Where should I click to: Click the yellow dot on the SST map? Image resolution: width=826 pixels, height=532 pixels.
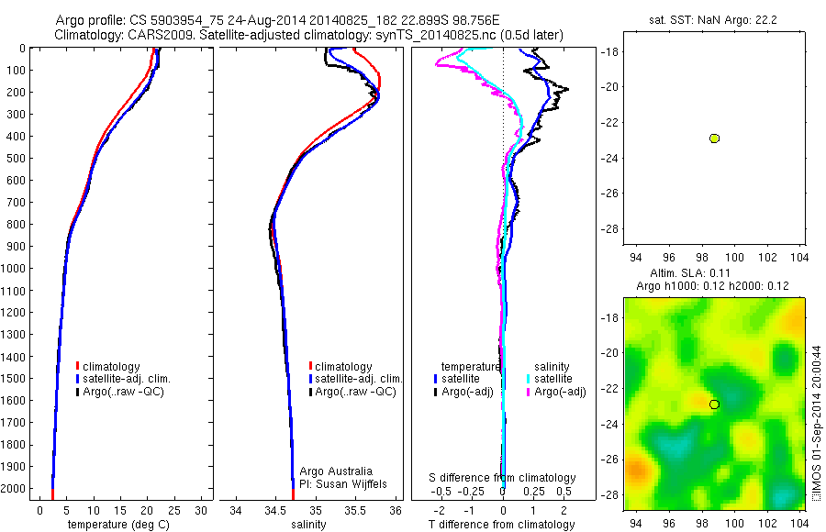click(x=714, y=139)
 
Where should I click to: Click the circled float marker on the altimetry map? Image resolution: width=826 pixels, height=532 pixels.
click(x=714, y=404)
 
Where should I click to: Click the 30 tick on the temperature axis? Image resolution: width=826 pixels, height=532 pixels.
click(x=203, y=509)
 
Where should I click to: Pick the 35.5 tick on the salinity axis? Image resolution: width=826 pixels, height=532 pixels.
click(x=355, y=509)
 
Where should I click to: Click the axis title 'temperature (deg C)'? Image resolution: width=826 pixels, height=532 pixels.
click(x=117, y=525)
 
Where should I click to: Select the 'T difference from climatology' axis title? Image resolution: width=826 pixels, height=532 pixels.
click(x=501, y=525)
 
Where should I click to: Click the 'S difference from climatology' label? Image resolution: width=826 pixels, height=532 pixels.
click(x=503, y=478)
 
